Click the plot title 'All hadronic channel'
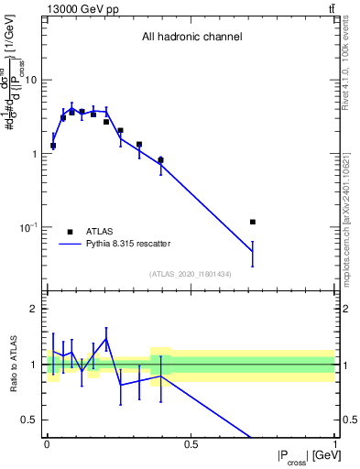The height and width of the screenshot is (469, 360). [x=191, y=38]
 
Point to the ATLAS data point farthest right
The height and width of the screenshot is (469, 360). [x=252, y=222]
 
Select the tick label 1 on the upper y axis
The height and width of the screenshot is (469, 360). [x=36, y=154]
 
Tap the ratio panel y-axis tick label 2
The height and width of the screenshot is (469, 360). [x=36, y=310]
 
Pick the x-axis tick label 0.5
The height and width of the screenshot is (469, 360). [x=191, y=444]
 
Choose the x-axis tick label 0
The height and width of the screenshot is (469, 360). [x=47, y=444]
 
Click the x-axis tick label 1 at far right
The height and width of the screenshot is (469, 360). [x=335, y=444]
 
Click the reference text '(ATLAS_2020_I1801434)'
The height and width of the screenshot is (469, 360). [x=191, y=274]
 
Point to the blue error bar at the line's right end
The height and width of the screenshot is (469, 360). [x=252, y=253]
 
